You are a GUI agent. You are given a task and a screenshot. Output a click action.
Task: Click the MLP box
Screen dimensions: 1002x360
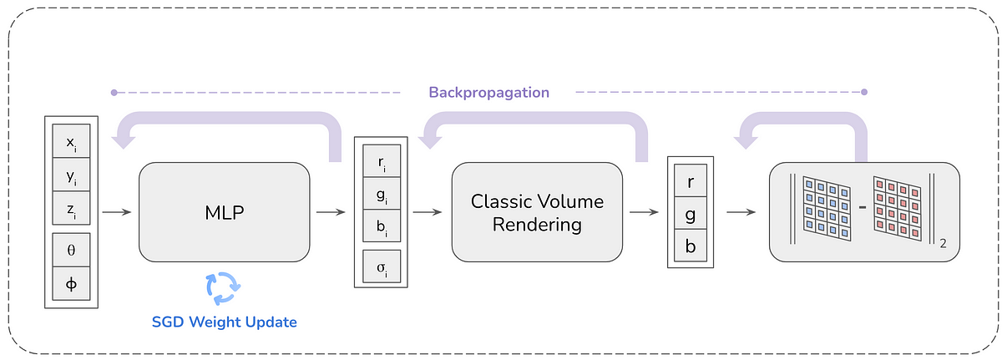(x=224, y=212)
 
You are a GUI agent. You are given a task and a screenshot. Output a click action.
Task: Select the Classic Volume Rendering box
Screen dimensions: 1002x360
(x=537, y=212)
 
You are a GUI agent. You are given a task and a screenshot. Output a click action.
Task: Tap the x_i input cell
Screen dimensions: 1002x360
(x=71, y=141)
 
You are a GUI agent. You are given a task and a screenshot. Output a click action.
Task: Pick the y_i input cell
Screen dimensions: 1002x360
(x=71, y=175)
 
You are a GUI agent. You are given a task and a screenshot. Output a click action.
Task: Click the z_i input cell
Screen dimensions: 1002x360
(x=71, y=208)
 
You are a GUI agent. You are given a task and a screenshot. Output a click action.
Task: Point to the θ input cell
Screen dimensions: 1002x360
(x=71, y=250)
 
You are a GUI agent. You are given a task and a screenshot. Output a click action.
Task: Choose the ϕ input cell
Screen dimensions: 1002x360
(x=71, y=283)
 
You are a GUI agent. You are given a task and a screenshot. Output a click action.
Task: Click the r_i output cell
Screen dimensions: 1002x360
(x=382, y=161)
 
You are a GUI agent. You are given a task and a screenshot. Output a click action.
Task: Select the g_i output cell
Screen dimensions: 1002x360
(x=382, y=193)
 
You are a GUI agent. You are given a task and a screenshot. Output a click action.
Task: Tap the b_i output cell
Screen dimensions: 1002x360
(x=382, y=226)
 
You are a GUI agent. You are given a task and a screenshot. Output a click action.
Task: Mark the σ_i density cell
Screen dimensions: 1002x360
(x=382, y=266)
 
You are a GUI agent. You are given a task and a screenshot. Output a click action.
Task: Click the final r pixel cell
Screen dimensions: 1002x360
(x=691, y=180)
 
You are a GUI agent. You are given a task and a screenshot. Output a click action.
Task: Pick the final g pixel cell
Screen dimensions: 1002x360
(x=691, y=213)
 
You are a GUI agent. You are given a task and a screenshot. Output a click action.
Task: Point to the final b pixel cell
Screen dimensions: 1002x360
(x=691, y=246)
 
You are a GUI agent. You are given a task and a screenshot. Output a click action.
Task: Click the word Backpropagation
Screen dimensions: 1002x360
(x=489, y=93)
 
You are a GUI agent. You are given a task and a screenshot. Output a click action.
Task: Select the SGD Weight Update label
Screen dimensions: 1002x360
(x=224, y=322)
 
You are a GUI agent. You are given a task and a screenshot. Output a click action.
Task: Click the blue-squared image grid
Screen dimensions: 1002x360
(x=827, y=208)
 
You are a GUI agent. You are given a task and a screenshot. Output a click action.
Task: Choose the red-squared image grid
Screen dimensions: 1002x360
(x=898, y=208)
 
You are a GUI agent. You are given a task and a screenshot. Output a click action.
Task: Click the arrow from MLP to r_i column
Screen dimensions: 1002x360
(x=331, y=212)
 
